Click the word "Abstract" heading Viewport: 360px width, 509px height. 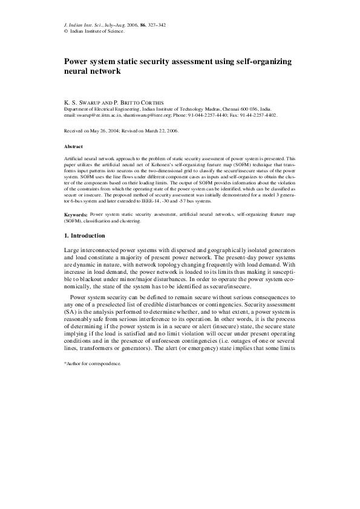[73, 147]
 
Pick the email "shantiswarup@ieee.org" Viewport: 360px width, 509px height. [147, 114]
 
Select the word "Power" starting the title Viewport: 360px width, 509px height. [77, 62]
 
